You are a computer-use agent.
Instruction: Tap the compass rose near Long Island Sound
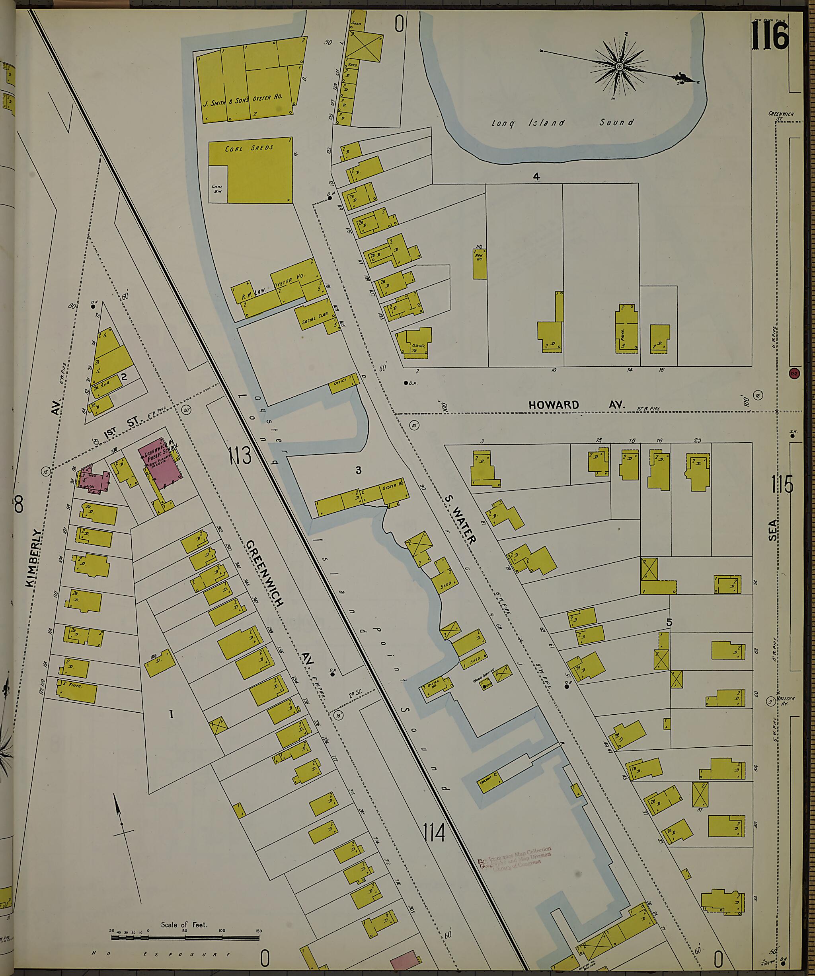coord(619,67)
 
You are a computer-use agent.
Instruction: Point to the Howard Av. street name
coord(577,405)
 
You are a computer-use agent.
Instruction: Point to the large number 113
coord(240,455)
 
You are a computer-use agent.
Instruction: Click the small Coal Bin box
coord(217,189)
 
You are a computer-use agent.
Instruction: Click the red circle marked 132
coord(794,373)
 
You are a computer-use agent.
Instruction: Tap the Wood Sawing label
coord(480,679)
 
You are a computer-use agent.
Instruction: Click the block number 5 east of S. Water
coord(669,622)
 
